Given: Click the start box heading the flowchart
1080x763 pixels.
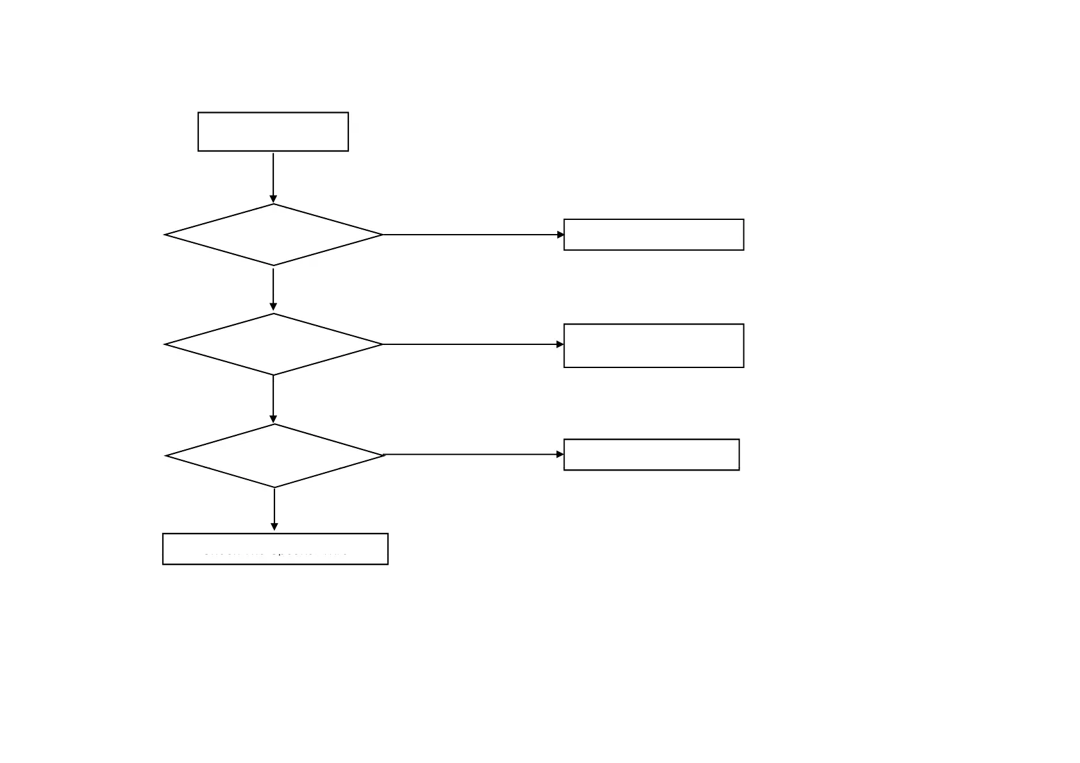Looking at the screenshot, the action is click(x=273, y=132).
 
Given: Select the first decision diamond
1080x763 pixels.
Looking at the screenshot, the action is click(x=274, y=235).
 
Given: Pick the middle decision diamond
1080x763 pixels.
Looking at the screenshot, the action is click(x=274, y=344).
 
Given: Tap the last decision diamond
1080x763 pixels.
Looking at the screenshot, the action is click(x=275, y=456).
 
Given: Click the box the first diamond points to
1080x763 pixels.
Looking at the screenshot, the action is click(x=654, y=235).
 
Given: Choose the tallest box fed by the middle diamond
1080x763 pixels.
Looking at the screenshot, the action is click(x=654, y=346).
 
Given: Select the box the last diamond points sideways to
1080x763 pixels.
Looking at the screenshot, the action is click(x=651, y=455).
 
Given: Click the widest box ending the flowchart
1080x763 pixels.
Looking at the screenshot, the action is click(x=275, y=549).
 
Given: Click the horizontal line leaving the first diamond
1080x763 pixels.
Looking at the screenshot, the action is click(x=471, y=235).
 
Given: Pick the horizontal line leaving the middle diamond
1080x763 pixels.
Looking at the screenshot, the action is click(x=471, y=344).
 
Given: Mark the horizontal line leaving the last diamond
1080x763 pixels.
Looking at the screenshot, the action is click(x=473, y=455).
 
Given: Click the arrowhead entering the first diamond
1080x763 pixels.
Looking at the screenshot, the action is click(x=273, y=199).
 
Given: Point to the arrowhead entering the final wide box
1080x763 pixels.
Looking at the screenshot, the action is click(x=274, y=527).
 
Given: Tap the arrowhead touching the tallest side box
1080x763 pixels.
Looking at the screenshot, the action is click(x=560, y=344).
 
